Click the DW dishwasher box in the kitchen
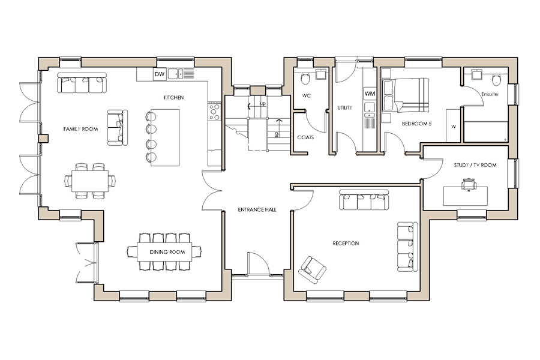point(160,74)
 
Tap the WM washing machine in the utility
point(370,94)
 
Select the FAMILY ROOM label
point(80,129)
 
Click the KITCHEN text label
point(173,98)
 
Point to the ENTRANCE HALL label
point(257,209)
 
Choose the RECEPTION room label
point(346,244)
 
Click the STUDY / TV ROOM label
point(475,166)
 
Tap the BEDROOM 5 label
point(417,124)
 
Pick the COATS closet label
point(305,137)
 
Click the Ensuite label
point(490,94)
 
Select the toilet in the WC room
point(305,78)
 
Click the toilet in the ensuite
point(496,80)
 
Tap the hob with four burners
point(214,112)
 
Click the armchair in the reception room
point(313,270)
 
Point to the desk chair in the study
point(469,184)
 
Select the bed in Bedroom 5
point(406,95)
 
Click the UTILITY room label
point(345,108)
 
